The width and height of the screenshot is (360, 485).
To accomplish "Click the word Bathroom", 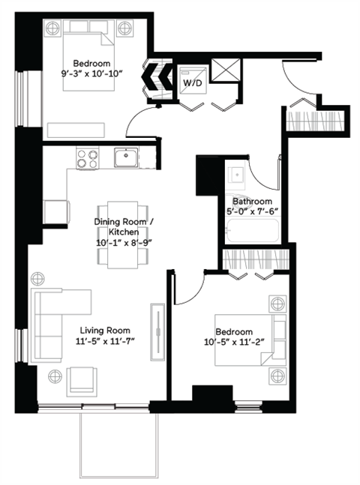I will [x=252, y=202].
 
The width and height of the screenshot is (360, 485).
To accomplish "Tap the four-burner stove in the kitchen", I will [x=88, y=158].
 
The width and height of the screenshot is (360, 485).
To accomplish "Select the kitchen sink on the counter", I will [x=125, y=158].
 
